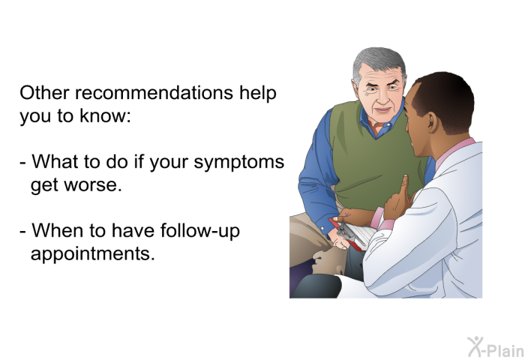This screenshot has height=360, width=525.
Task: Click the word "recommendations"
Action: [x=154, y=92]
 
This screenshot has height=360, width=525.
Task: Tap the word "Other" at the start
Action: [x=44, y=92]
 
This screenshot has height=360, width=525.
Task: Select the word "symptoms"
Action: [x=239, y=163]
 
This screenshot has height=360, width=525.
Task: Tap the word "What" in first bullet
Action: [x=55, y=161]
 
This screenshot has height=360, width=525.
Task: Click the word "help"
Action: [x=257, y=93]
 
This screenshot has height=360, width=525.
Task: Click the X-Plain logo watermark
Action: [x=496, y=347]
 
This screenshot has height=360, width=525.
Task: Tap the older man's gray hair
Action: [x=377, y=61]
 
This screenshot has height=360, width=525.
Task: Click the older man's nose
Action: [x=382, y=96]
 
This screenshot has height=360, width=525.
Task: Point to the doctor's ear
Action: [x=432, y=122]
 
